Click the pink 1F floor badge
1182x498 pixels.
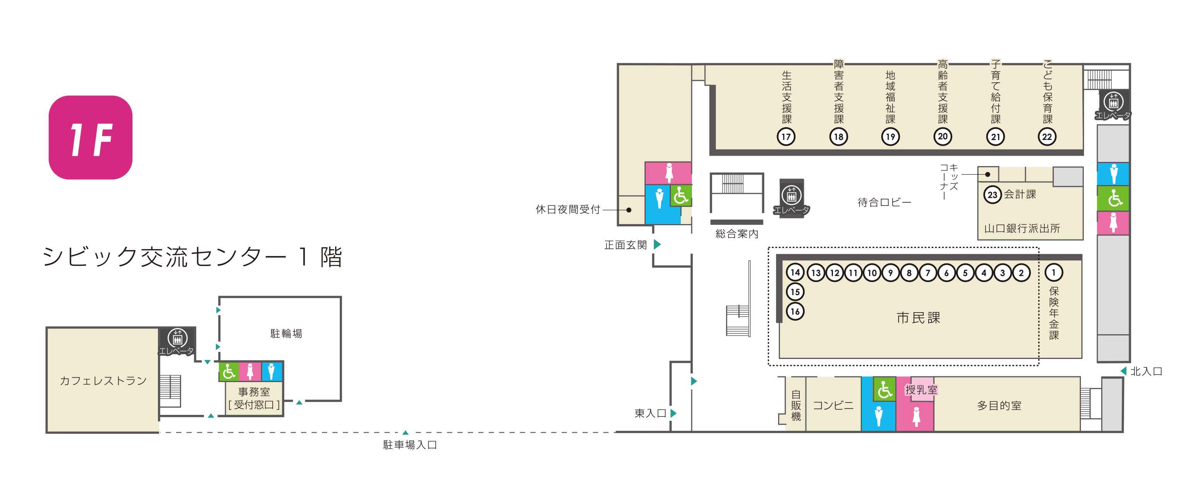[90, 137]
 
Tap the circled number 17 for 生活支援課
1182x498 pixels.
[786, 136]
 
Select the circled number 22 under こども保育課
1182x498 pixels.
[1047, 136]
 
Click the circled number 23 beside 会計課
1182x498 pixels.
[992, 195]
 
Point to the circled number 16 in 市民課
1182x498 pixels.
[795, 311]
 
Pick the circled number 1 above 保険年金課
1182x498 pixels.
[1054, 272]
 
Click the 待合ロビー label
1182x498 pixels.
[884, 202]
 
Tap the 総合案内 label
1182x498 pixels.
[737, 234]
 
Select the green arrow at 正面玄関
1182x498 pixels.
[657, 244]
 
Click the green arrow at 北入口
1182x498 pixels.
[1123, 371]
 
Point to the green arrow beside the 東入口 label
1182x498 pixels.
[673, 413]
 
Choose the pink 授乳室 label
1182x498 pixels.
[921, 390]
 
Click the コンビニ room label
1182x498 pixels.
[833, 405]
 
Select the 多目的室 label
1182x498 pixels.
[999, 405]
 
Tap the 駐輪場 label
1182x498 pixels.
[286, 334]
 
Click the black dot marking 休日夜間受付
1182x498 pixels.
[629, 210]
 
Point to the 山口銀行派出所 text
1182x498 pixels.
[1022, 228]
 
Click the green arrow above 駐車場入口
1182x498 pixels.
[405, 432]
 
